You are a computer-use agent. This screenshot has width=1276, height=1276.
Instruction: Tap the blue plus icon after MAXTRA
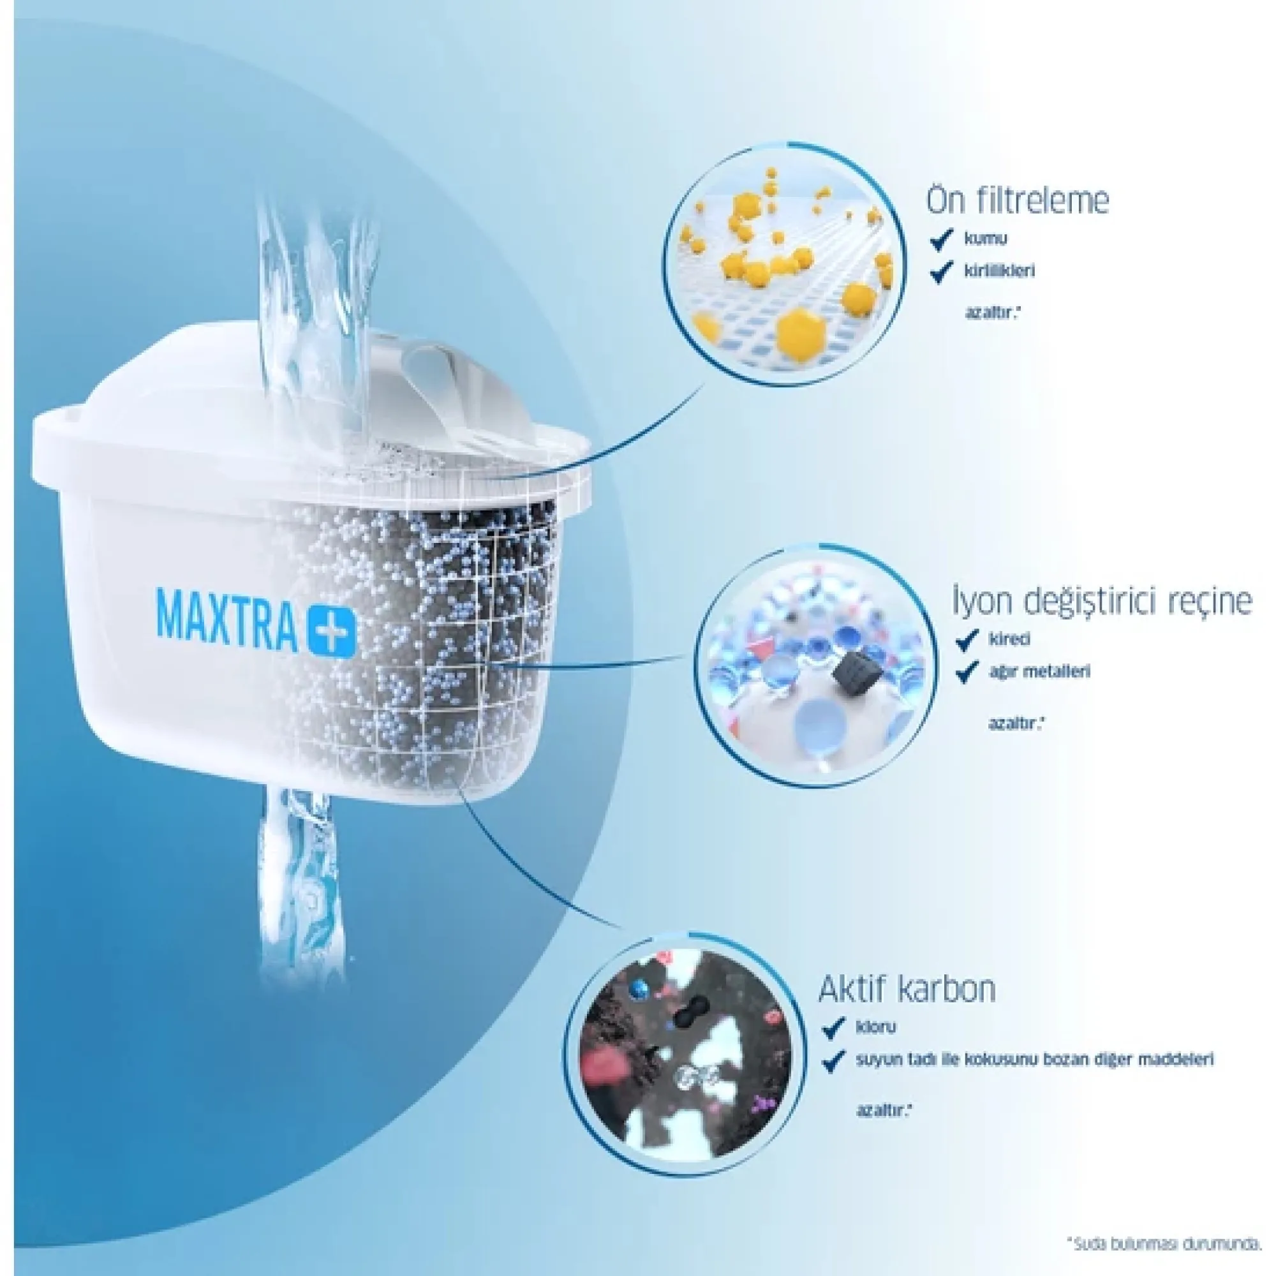tap(332, 632)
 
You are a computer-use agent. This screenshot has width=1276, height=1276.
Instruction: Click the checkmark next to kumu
tap(940, 240)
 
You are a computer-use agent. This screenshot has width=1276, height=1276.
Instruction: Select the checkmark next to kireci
tap(968, 639)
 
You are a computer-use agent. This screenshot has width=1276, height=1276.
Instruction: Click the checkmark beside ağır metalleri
tap(968, 672)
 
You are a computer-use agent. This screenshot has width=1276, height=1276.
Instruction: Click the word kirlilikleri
tap(999, 271)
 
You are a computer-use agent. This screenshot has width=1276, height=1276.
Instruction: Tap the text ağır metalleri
tap(1039, 672)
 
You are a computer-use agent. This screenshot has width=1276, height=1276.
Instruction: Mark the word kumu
tap(986, 239)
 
